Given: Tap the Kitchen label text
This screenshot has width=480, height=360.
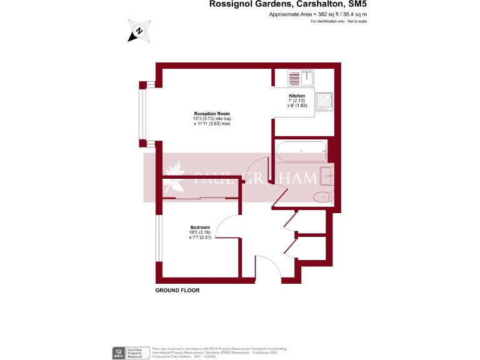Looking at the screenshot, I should [296, 96].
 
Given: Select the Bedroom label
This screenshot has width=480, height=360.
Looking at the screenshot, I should [200, 227].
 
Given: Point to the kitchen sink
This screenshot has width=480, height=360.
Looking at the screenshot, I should [301, 78].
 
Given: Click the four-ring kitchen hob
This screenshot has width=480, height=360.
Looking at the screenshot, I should [324, 101].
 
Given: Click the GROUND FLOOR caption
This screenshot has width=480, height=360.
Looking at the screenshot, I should [177, 291].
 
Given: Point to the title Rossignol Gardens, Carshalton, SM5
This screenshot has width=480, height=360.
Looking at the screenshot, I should [287, 5].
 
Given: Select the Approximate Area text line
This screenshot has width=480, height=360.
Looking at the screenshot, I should [317, 14].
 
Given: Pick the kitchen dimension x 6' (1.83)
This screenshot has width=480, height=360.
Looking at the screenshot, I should [296, 106].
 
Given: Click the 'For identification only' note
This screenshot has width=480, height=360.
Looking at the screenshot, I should [338, 21].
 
